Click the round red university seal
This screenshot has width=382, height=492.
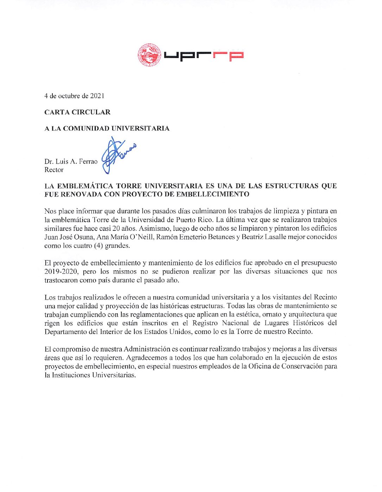149,55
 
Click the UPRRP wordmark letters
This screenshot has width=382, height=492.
204,56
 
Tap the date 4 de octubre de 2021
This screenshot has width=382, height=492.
74,96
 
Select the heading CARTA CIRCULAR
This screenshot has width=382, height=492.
77,112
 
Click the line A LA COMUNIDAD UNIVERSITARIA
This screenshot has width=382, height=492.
107,128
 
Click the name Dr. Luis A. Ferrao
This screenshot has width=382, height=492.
71,162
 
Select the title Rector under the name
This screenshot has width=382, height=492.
54,170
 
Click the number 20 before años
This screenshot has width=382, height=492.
116,228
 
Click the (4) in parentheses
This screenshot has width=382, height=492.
98,246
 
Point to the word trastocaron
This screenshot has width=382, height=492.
61,280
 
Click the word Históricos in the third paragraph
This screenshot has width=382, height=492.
308,323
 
